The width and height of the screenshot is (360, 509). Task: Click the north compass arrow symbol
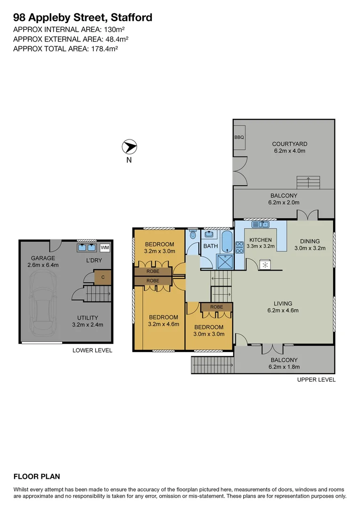(129, 147)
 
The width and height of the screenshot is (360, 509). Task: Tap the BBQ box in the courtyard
(239, 137)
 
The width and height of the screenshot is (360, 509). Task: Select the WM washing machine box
(105, 247)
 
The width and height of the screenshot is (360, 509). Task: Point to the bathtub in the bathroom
(227, 242)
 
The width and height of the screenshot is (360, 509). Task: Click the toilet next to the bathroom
(192, 234)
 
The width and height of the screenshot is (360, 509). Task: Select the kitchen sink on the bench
(260, 225)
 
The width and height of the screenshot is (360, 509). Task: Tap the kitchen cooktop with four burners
(239, 247)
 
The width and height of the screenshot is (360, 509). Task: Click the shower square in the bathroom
(224, 261)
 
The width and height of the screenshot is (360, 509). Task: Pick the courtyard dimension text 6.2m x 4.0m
(290, 151)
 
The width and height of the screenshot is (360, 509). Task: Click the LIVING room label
(283, 304)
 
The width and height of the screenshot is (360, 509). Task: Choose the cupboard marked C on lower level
(103, 278)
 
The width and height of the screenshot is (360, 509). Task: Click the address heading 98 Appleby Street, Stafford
(82, 18)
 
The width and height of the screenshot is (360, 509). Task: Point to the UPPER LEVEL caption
(316, 379)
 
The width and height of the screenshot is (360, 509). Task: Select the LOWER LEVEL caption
(92, 350)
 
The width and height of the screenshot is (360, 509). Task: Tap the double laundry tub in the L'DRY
(86, 247)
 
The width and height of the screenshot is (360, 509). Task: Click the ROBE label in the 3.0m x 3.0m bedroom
(216, 307)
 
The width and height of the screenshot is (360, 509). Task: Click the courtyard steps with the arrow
(308, 182)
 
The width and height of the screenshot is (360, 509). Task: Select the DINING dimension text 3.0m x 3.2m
(310, 248)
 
